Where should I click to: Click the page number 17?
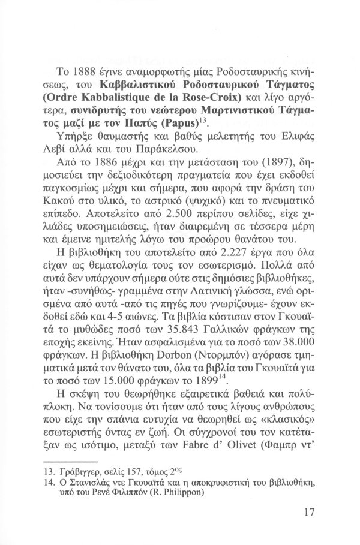(310, 513)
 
